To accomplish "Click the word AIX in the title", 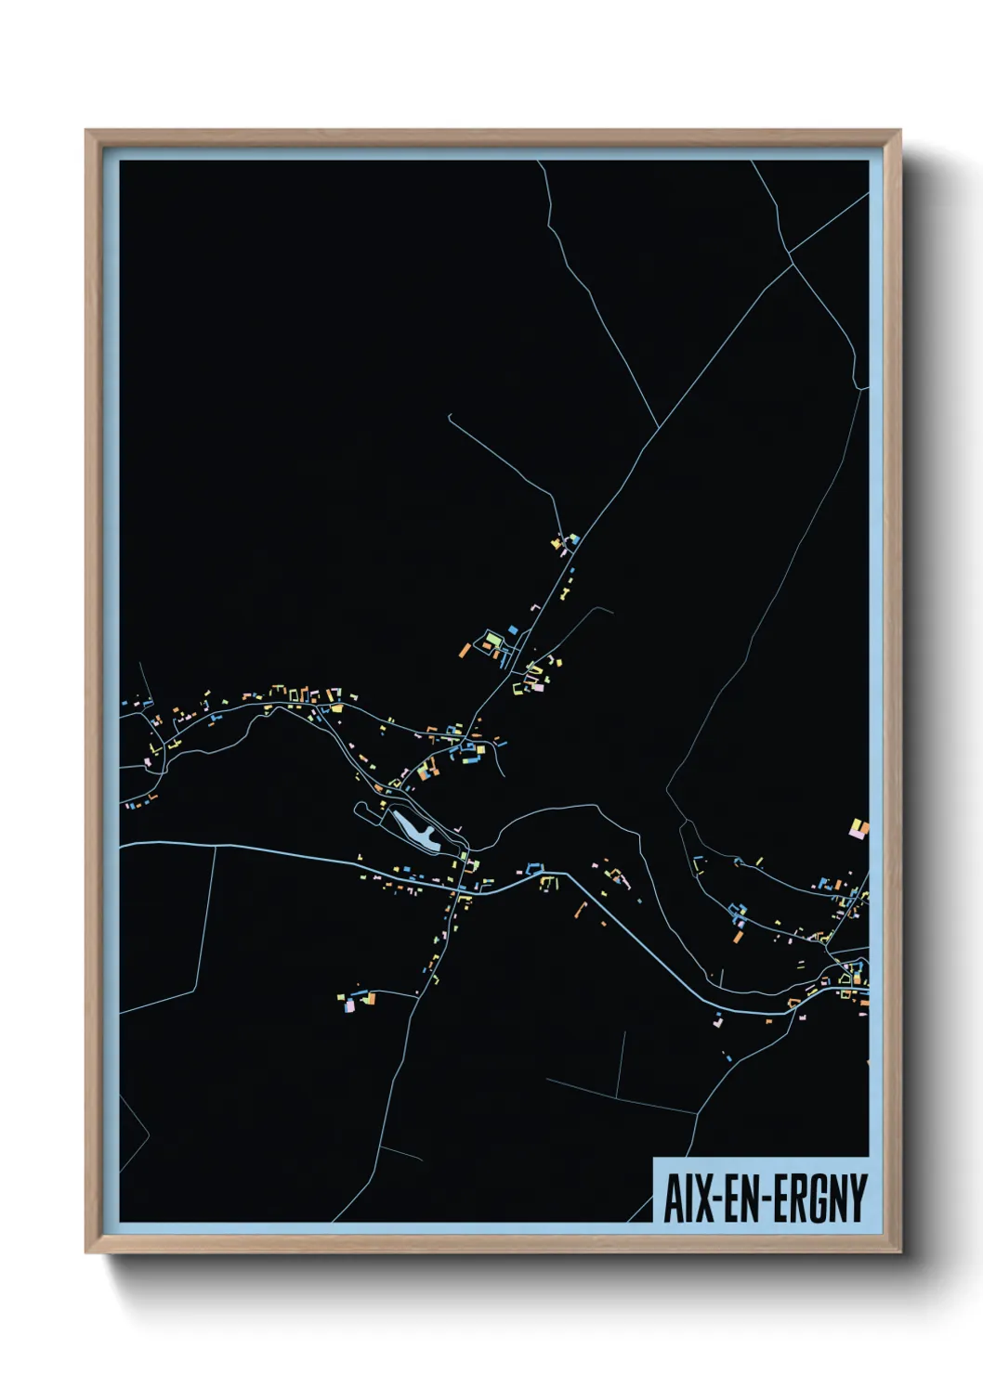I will point(688,1198).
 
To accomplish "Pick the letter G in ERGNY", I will point(819,1198).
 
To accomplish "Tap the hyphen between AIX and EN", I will point(717,1199).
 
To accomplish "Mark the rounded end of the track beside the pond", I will point(358,809).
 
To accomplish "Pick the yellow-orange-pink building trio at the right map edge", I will point(859,828).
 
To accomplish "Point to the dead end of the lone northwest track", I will point(449,415).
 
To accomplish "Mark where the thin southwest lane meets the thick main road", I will point(216,847).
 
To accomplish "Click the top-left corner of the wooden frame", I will point(86,131).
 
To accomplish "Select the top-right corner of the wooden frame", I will point(899,131).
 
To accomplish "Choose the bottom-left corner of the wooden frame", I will point(86,1252).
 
